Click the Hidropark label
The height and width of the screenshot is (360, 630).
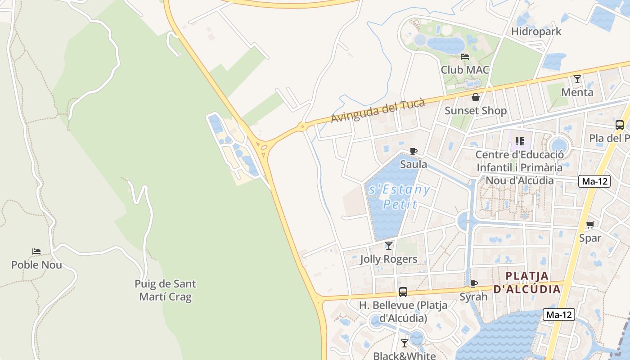pyautogui.click(x=536, y=31)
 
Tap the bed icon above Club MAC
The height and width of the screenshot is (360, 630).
pyautogui.click(x=465, y=57)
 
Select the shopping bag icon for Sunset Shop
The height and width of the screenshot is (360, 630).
pyautogui.click(x=475, y=97)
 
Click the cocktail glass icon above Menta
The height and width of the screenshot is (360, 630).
pyautogui.click(x=577, y=79)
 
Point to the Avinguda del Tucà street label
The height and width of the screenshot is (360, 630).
pyautogui.click(x=378, y=111)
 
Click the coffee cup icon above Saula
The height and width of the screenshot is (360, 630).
pyautogui.click(x=413, y=151)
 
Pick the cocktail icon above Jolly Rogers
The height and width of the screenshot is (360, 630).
pyautogui.click(x=388, y=246)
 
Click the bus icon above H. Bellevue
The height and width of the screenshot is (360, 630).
pyautogui.click(x=403, y=292)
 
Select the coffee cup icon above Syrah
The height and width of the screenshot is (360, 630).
pyautogui.click(x=473, y=283)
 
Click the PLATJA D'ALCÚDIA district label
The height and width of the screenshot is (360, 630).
pyautogui.click(x=527, y=282)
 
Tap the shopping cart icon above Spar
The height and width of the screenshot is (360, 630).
pyautogui.click(x=590, y=225)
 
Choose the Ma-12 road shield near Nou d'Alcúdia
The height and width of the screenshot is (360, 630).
pyautogui.click(x=594, y=181)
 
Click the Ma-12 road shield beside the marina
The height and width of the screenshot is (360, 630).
pyautogui.click(x=558, y=315)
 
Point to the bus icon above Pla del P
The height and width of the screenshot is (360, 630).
pyautogui.click(x=619, y=125)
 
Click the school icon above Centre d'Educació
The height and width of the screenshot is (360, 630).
pyautogui.click(x=520, y=141)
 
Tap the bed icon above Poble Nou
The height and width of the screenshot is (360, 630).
pyautogui.click(x=36, y=252)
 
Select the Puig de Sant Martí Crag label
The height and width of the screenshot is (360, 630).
pyautogui.click(x=165, y=290)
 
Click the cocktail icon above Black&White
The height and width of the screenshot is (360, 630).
pyautogui.click(x=404, y=343)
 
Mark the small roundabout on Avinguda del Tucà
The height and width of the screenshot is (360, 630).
pyautogui.click(x=302, y=126)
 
